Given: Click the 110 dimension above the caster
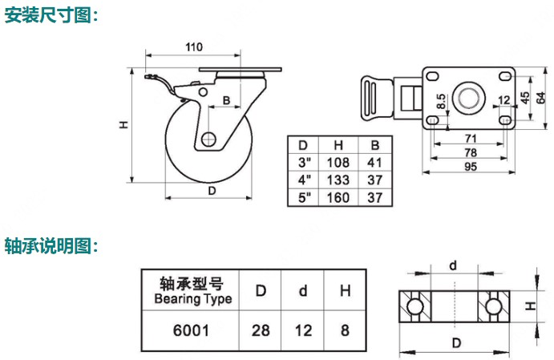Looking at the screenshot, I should click(193, 47).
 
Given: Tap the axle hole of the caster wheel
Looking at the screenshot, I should click(208, 139).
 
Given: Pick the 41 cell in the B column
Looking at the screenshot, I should click(374, 162).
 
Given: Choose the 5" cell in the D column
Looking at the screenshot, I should click(303, 196).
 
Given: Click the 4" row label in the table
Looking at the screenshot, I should click(303, 180).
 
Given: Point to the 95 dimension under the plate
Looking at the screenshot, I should click(471, 167).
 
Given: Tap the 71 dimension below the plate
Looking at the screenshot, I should click(471, 137).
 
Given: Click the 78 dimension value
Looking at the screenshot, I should click(471, 152).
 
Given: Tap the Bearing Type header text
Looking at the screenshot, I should click(192, 299).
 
